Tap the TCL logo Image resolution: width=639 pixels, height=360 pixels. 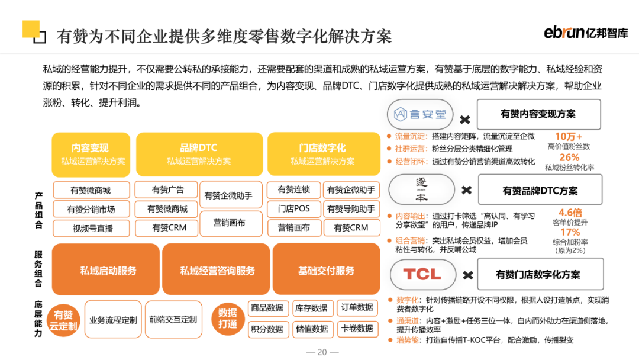click(422, 274)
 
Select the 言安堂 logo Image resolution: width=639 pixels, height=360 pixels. click(421, 114)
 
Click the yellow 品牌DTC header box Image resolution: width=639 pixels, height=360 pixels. click(199, 154)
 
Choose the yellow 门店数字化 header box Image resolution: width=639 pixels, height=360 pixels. click(322, 154)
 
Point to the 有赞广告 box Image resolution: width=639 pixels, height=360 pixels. click(167, 190)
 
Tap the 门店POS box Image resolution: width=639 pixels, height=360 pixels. click(293, 209)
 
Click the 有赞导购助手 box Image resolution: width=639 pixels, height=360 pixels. click(351, 209)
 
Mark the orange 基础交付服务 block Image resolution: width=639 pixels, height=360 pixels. click(326, 271)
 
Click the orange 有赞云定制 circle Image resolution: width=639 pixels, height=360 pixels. click(63, 320)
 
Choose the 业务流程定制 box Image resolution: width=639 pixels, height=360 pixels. click(113, 320)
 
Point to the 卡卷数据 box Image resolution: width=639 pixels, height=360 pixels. click(357, 329)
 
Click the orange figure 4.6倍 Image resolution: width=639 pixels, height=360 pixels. click(569, 213)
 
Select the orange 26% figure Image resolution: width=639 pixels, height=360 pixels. click(569, 157)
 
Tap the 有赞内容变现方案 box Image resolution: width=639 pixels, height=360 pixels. click(538, 114)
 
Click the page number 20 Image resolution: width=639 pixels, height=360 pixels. click(322, 352)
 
